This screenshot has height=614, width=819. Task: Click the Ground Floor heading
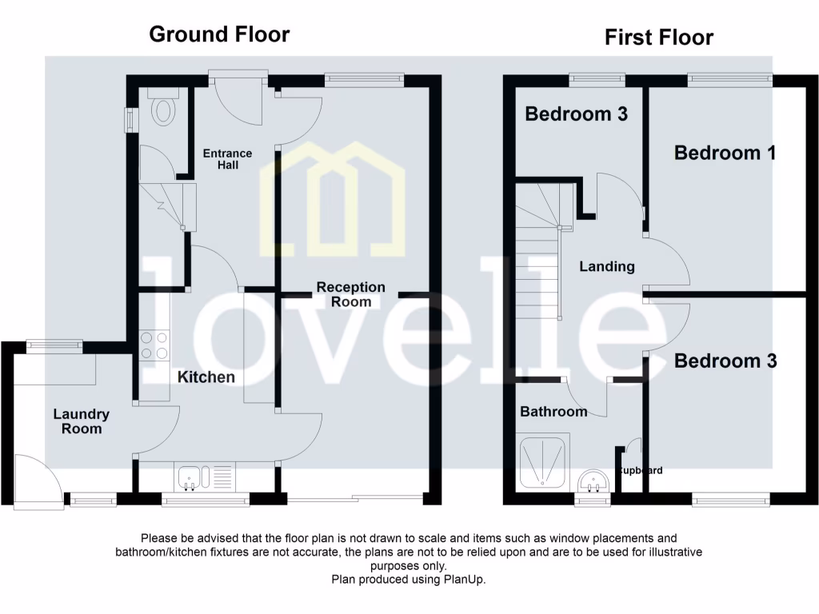point(219,34)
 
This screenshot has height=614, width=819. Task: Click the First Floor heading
point(658,38)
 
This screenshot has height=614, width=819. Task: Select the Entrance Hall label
point(226,159)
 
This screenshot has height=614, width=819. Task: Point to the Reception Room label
point(350,294)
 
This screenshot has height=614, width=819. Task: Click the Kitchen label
point(206,377)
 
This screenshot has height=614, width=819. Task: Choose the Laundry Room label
point(82,421)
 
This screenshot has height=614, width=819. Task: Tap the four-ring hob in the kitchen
point(154,345)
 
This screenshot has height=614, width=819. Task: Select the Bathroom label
point(553,412)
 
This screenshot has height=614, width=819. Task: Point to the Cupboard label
point(640,471)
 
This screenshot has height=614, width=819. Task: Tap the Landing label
point(606,266)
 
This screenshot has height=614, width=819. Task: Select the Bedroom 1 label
point(725,153)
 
